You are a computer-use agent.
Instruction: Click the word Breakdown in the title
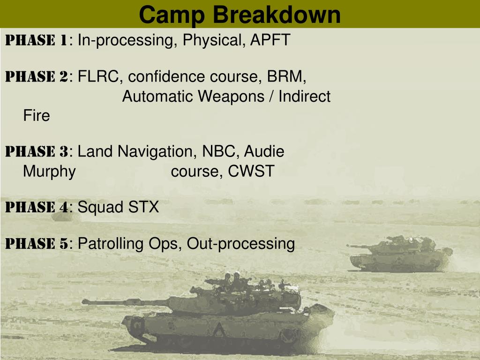coord(277,15)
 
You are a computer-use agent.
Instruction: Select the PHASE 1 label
coord(37,40)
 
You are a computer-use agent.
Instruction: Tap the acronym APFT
coord(270,40)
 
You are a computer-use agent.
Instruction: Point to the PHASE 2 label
coord(37,76)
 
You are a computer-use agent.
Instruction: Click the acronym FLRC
coord(98,76)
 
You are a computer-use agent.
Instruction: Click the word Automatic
coord(158,96)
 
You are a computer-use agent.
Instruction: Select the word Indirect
coord(304,96)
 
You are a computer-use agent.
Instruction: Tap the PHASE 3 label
coord(37,151)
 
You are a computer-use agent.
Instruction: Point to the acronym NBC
coord(219,151)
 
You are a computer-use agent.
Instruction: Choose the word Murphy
coord(49,172)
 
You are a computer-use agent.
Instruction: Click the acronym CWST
coord(251,171)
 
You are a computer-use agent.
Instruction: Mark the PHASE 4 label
coord(37,207)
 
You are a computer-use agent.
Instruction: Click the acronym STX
coord(143,207)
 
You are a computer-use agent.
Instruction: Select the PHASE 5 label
coord(37,244)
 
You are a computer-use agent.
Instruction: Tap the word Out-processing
coord(240,244)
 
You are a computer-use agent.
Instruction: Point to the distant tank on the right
coord(399,254)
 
